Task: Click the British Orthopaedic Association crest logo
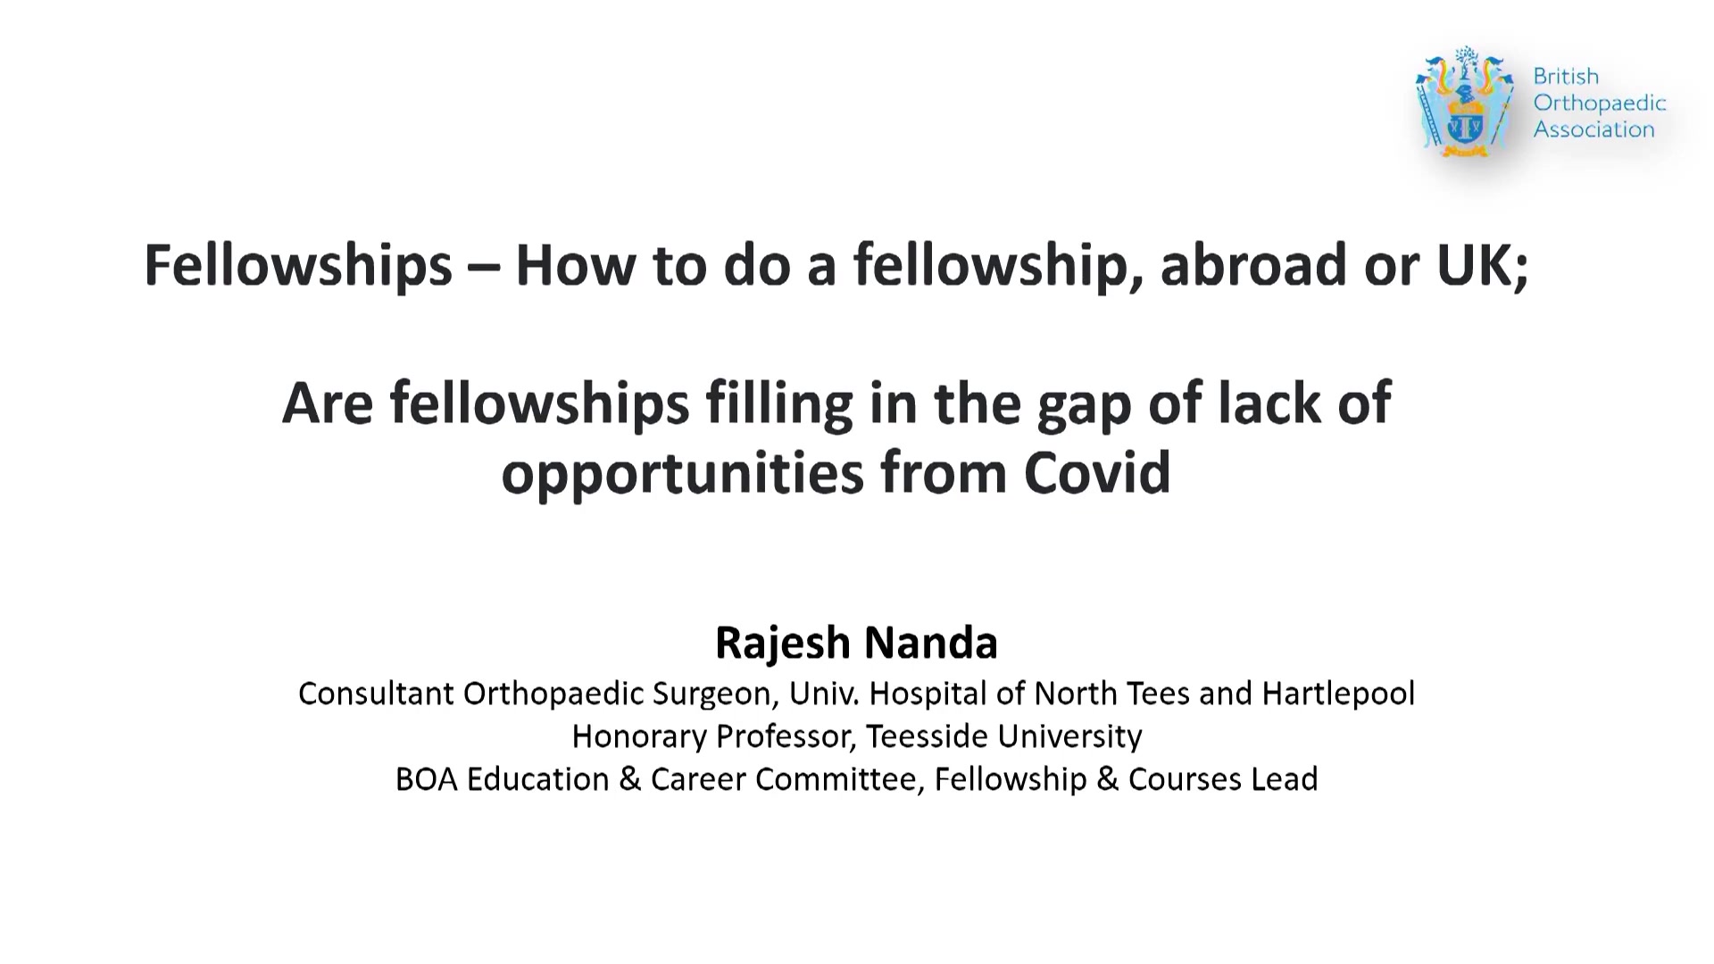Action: tap(1465, 103)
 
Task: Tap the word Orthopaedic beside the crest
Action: tap(1600, 104)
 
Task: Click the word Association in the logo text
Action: tap(1594, 129)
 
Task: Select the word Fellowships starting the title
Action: tap(298, 265)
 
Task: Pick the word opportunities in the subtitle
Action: tap(683, 474)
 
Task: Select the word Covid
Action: tap(1097, 472)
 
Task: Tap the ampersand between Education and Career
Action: tap(629, 779)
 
